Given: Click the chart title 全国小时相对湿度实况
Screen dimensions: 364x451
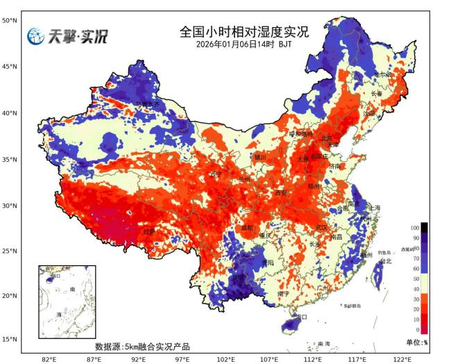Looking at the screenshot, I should point(244,32).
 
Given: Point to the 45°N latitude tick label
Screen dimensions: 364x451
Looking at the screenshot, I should point(9,67).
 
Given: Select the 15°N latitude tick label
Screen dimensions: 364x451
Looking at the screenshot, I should point(9,339).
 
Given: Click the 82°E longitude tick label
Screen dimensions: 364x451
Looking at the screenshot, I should point(49,358).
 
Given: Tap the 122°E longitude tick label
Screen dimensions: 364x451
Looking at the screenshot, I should point(402,358).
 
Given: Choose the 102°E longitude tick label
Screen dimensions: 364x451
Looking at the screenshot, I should point(226,358).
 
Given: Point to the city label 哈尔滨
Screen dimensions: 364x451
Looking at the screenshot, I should point(384,74).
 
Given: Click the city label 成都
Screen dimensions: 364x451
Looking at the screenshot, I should point(248,227).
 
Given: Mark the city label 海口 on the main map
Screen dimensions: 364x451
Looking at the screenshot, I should point(300,318).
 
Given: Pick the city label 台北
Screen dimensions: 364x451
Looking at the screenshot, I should point(386,261).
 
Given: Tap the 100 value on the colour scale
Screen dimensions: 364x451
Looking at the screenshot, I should point(415,228).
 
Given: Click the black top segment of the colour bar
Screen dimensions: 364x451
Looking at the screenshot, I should point(424,227).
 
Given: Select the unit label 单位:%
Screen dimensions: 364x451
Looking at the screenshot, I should point(416,342).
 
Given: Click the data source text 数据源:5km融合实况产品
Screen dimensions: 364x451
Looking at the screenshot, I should point(142,346).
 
